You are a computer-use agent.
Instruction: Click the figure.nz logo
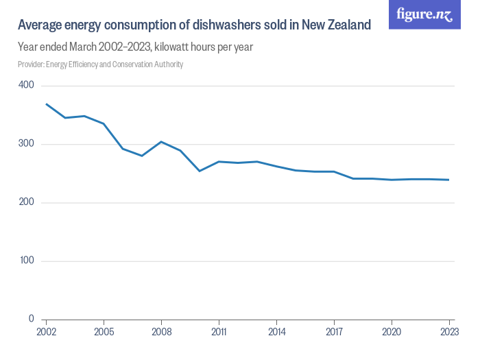[424, 14]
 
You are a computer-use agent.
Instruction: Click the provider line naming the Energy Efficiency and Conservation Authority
[100, 64]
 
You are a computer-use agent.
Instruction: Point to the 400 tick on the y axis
[26, 85]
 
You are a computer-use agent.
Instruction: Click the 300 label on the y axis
[26, 144]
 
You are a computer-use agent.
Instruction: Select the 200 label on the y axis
[26, 203]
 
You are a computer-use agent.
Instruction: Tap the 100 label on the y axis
[26, 261]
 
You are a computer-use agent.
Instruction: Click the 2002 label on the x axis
[46, 331]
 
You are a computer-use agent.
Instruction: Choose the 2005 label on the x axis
[104, 331]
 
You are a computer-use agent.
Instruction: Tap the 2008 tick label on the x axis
[161, 331]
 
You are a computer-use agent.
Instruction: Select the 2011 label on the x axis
[219, 331]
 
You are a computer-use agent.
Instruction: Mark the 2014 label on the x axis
[276, 331]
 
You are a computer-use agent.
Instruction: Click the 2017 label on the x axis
[334, 331]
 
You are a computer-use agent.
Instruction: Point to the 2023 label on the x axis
[449, 331]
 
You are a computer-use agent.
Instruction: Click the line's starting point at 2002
[46, 104]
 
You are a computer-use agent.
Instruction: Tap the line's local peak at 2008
[161, 142]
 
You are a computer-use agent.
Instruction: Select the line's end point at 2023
[449, 180]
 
